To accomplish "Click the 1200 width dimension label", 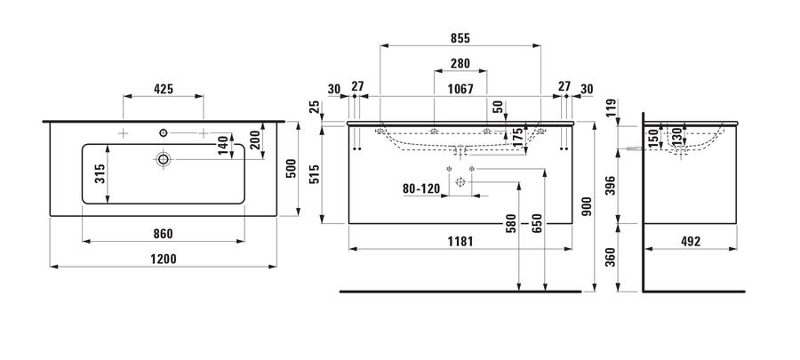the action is tap(164, 259).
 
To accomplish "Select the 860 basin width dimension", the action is tap(164, 234).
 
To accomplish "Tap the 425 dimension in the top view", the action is tap(164, 89).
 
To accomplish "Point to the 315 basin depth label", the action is tap(100, 174).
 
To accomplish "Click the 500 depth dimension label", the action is tap(291, 169).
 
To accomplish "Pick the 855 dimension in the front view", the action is tap(460, 38).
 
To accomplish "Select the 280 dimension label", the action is tap(460, 63).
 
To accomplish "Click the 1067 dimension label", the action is tap(460, 89).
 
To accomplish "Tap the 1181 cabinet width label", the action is tap(460, 241).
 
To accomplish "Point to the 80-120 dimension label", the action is tap(421, 188).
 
